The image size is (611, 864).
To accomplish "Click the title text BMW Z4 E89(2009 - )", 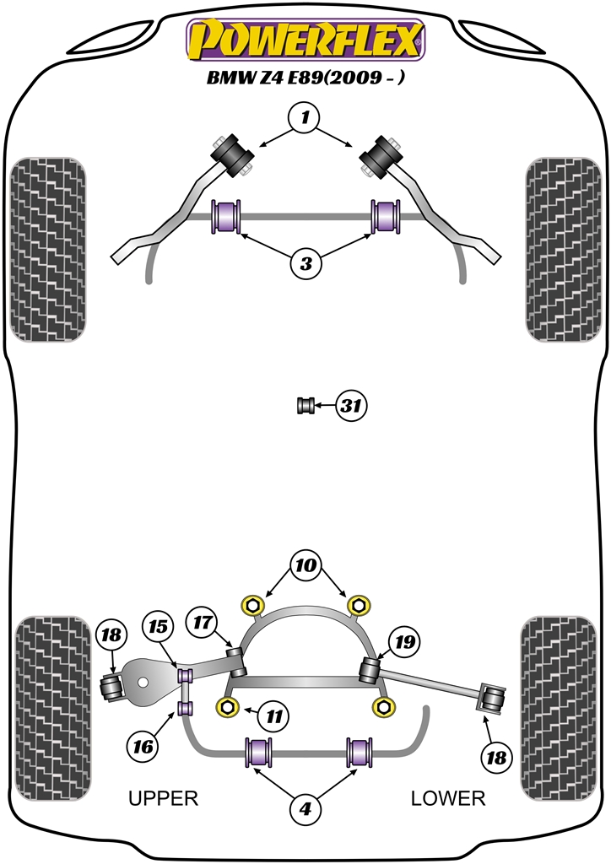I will (x=305, y=81).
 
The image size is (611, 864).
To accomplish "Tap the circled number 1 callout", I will (x=305, y=119).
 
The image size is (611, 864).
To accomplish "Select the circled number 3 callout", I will (x=305, y=264).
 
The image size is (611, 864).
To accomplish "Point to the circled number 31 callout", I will (x=350, y=407).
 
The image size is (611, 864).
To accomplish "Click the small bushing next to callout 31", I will (x=306, y=406).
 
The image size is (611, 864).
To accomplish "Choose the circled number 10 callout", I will (x=305, y=564).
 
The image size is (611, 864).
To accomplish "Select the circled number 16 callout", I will (x=143, y=745).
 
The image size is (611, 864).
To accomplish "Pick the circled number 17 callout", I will (x=200, y=622).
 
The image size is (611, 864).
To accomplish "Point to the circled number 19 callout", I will (x=405, y=642).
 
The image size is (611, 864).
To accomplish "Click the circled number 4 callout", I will (x=305, y=810).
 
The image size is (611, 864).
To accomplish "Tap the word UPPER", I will (x=162, y=797).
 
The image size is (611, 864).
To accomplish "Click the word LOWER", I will (x=448, y=797).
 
